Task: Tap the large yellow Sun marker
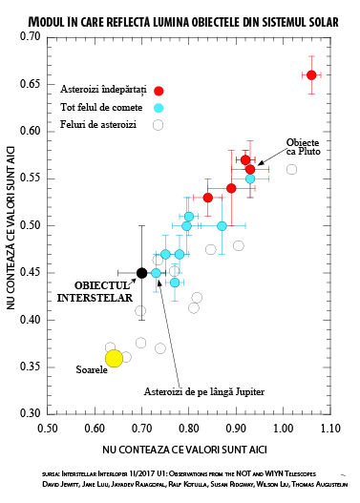pos(114,358)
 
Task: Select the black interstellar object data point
pos(141,273)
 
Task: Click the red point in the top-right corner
pos(311,74)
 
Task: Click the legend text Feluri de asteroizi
pos(99,124)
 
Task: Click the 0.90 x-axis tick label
pos(236,429)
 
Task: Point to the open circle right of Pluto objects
pos(292,169)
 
